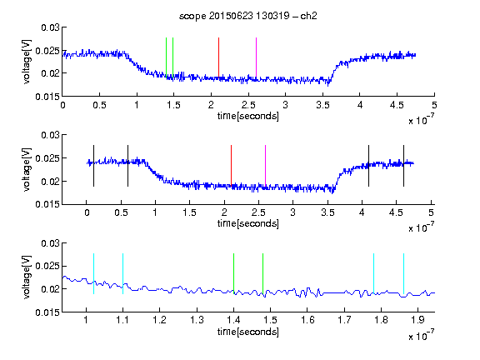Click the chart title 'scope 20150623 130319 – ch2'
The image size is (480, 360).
248,16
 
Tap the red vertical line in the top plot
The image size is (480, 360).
218,57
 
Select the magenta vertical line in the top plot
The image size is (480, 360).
256,57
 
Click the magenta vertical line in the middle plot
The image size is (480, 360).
265,165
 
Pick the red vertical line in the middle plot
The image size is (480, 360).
231,165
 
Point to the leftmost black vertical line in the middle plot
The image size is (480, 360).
93,166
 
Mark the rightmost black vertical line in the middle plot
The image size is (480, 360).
403,166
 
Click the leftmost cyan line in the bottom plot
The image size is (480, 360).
93,273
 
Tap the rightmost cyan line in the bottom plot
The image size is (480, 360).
403,273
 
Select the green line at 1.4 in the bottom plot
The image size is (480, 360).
233,273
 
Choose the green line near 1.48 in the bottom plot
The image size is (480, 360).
262,273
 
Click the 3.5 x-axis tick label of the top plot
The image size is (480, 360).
322,105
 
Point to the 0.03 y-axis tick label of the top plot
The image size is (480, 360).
50,27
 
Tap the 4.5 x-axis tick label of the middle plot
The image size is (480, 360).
396,212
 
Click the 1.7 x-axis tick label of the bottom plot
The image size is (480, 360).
344,320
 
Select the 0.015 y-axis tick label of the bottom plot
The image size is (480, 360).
47,312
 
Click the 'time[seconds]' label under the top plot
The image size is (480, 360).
248,116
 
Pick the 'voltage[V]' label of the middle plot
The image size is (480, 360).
27,170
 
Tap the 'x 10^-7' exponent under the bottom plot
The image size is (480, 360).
421,335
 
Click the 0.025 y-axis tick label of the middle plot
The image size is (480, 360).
47,158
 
